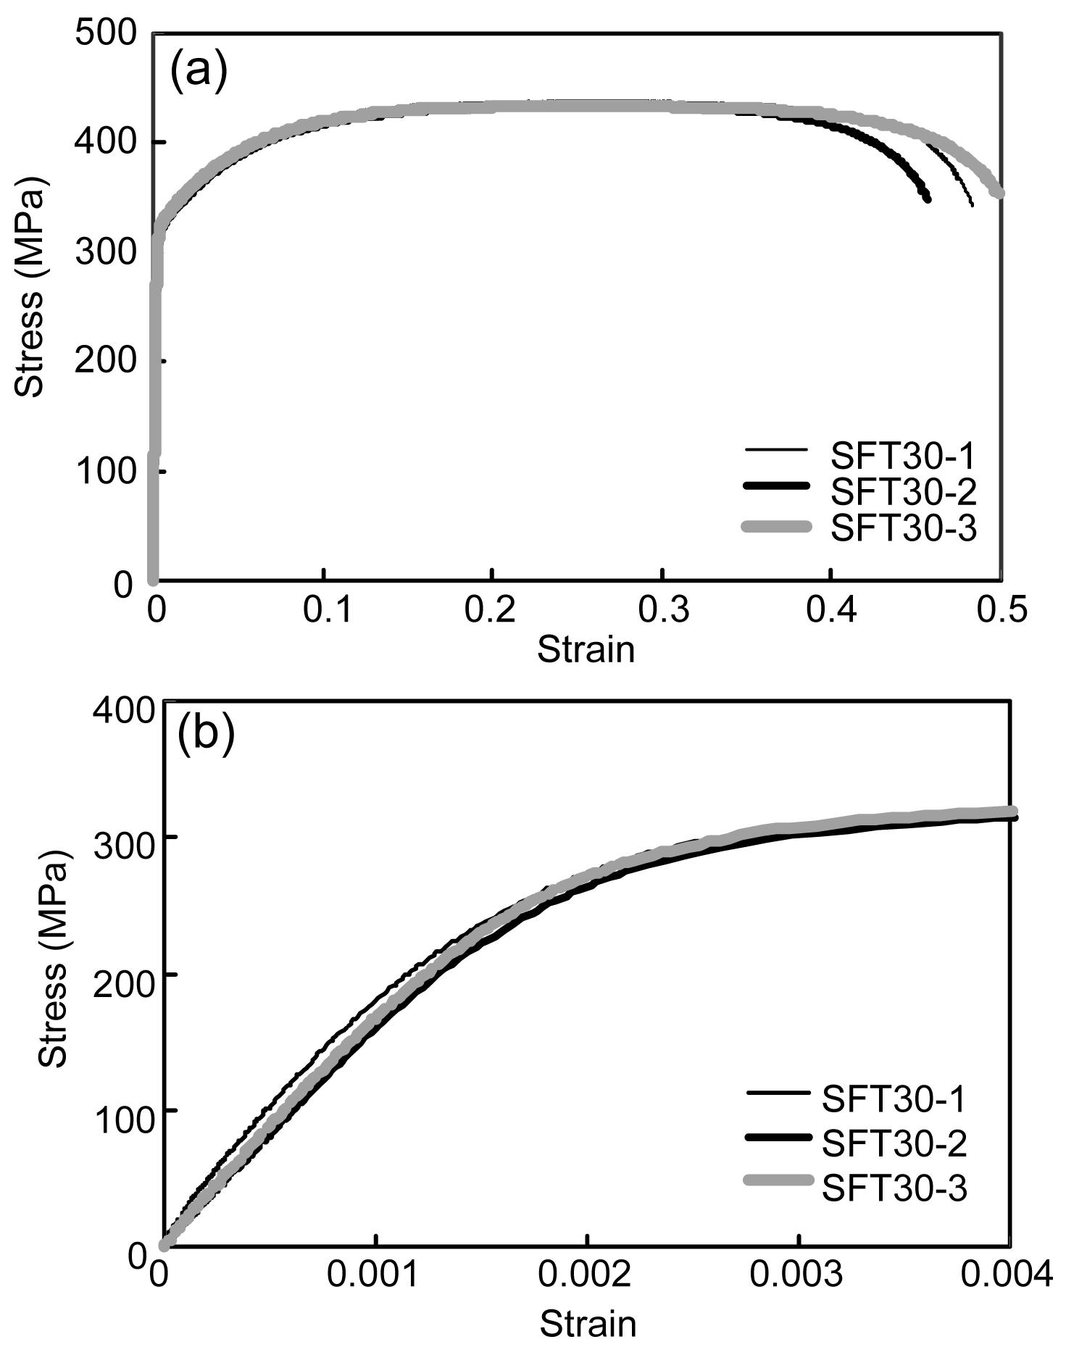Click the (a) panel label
pyautogui.click(x=199, y=70)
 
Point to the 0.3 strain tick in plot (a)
pyautogui.click(x=662, y=610)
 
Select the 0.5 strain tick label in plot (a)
pyautogui.click(x=1002, y=610)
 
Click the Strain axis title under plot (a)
pyautogui.click(x=586, y=650)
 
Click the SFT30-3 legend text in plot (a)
pyautogui.click(x=904, y=528)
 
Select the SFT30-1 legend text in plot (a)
pyautogui.click(x=904, y=456)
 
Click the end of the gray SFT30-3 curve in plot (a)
pyautogui.click(x=999, y=193)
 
